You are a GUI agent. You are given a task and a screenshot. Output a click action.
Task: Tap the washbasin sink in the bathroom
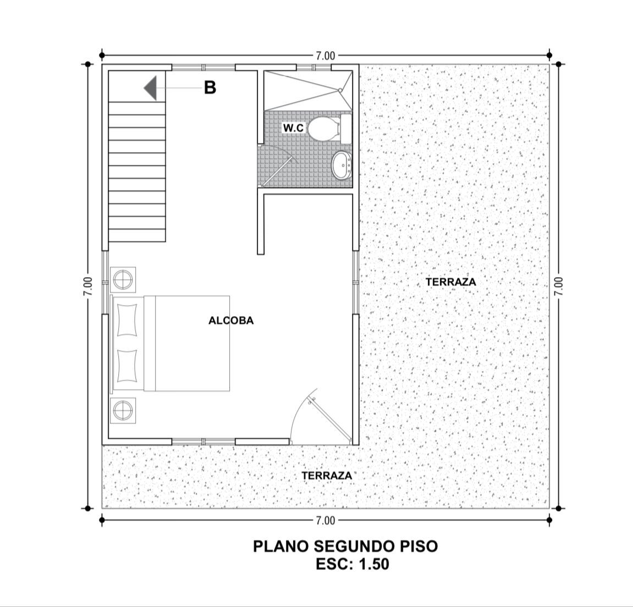coord(342,165)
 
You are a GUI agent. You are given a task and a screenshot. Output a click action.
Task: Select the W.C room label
coord(293,128)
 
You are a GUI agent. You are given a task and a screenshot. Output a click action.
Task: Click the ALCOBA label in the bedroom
coord(231,321)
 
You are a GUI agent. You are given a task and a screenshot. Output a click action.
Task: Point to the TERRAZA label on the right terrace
coord(451,282)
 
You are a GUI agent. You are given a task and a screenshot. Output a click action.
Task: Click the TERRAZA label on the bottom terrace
coord(327,476)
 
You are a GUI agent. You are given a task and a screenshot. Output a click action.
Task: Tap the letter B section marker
coord(210,87)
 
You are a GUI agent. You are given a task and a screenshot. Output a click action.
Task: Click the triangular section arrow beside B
coord(150,88)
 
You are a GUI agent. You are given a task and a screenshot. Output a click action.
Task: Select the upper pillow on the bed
coord(126,319)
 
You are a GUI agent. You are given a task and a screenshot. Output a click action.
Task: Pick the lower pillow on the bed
coord(126,366)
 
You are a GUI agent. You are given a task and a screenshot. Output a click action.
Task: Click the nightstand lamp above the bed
coord(123,279)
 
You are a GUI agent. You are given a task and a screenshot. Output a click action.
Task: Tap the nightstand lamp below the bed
coord(123,411)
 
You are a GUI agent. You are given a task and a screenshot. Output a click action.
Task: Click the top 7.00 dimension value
coord(326,56)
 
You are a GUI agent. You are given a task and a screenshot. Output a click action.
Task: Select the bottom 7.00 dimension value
coord(326,521)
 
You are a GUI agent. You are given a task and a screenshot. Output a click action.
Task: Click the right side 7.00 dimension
coord(559,286)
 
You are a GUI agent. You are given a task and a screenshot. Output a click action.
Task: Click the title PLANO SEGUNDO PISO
coord(345,546)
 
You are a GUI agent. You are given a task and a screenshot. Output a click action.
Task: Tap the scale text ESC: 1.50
coord(353,564)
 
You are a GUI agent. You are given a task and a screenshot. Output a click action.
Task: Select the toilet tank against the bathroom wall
coord(346,129)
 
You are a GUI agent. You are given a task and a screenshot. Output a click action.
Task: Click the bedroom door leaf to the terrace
coord(329,418)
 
